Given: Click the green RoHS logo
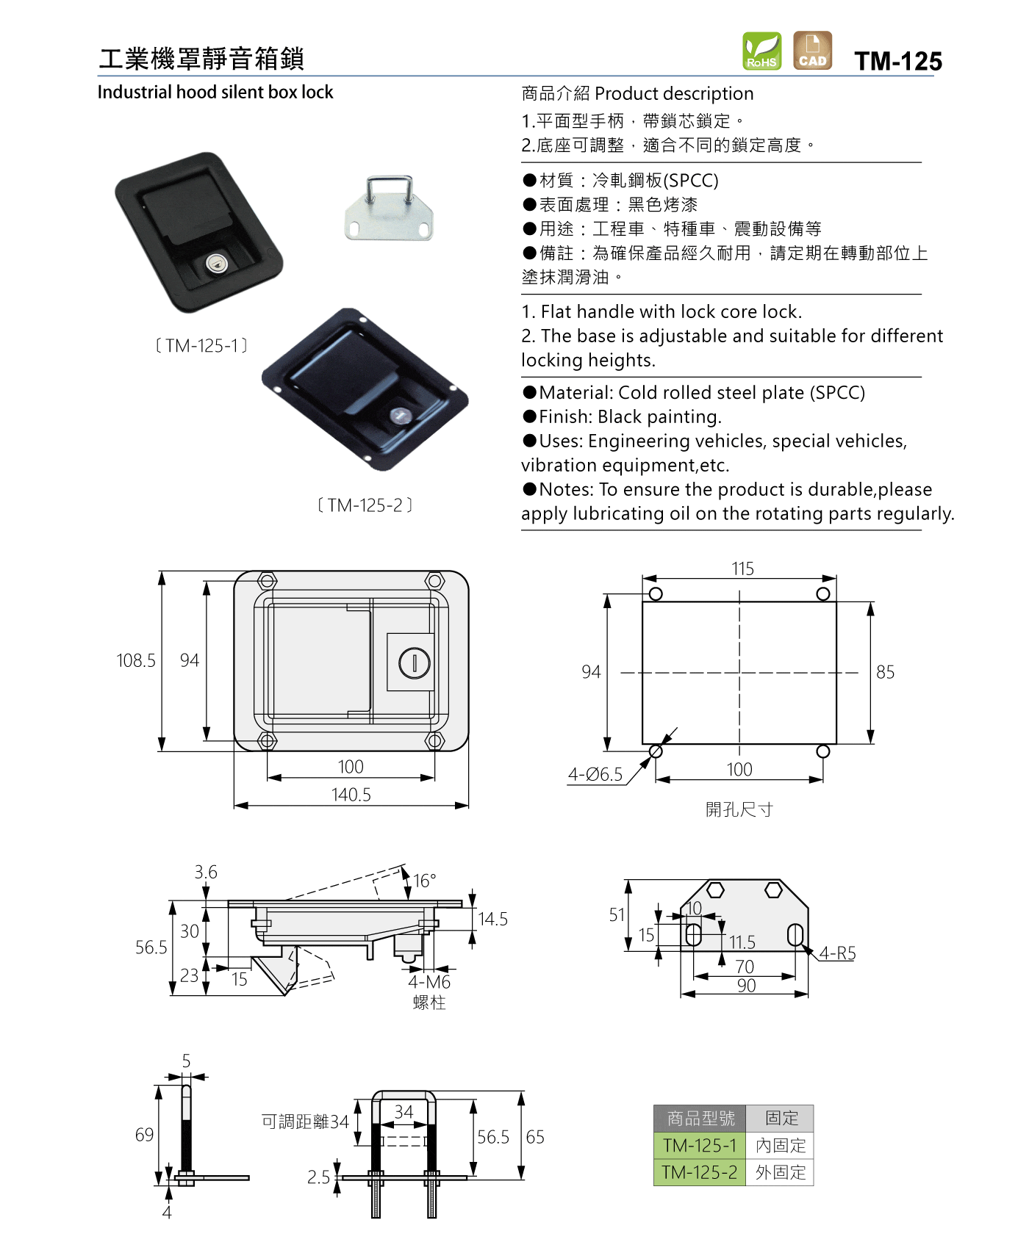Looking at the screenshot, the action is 761,51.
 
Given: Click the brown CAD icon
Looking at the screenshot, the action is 812,51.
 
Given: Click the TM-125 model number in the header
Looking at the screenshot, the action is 898,61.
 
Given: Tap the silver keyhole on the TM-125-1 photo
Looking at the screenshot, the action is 215,264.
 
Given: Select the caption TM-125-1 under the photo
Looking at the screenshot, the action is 201,345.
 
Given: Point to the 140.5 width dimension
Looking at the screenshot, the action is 351,795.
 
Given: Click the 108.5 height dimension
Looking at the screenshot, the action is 136,660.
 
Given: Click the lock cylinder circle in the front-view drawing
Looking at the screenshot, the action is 415,663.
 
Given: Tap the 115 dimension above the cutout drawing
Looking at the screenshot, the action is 742,568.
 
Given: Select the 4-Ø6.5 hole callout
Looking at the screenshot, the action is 595,774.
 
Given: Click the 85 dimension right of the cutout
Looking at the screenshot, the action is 886,672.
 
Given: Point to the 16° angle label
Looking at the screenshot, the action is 425,881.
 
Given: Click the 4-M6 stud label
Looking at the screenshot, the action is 429,982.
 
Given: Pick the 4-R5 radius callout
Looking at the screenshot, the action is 838,953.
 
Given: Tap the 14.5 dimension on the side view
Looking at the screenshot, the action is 493,919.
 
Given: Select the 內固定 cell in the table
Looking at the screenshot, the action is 781,1145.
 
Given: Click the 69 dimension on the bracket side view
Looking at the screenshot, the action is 145,1135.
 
